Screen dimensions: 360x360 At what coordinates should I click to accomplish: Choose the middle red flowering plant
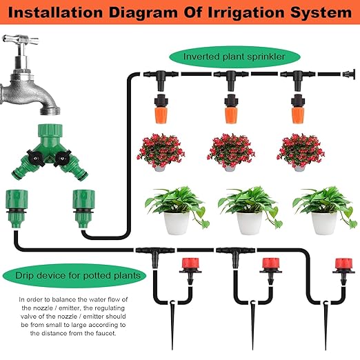point(231,150)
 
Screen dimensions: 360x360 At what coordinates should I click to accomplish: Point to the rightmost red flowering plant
point(299,150)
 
